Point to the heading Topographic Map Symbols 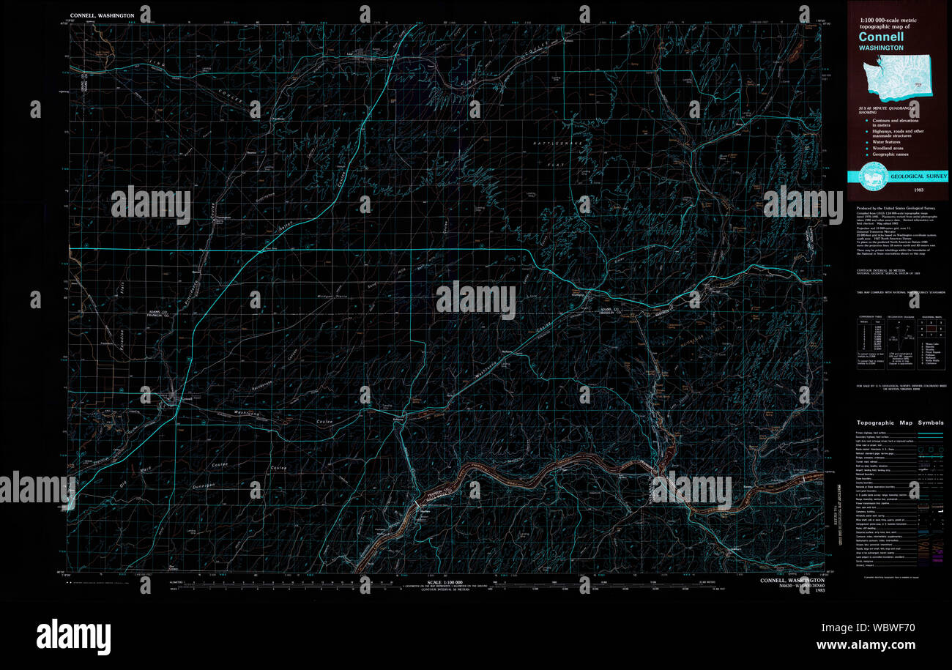[900, 423]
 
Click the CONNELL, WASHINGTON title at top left [102, 15]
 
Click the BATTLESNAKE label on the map [559, 141]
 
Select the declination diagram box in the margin [899, 340]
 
